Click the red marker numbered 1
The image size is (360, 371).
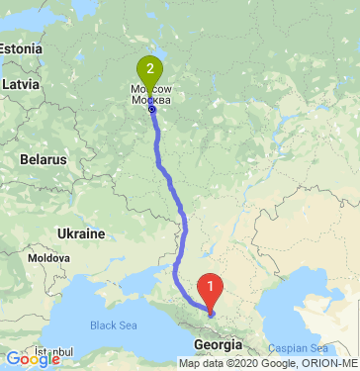click(x=211, y=288)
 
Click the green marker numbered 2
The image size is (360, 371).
click(x=149, y=69)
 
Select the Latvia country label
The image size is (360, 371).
click(x=20, y=85)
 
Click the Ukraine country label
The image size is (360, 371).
click(x=80, y=233)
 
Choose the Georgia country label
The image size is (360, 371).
click(x=219, y=344)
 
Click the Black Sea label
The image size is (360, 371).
click(x=115, y=325)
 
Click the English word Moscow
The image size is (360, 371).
click(x=150, y=89)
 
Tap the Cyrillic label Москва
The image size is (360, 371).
click(x=151, y=100)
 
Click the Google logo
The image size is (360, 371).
click(x=32, y=360)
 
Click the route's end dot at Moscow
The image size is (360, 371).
click(x=151, y=110)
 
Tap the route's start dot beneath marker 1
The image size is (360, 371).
click(x=211, y=314)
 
